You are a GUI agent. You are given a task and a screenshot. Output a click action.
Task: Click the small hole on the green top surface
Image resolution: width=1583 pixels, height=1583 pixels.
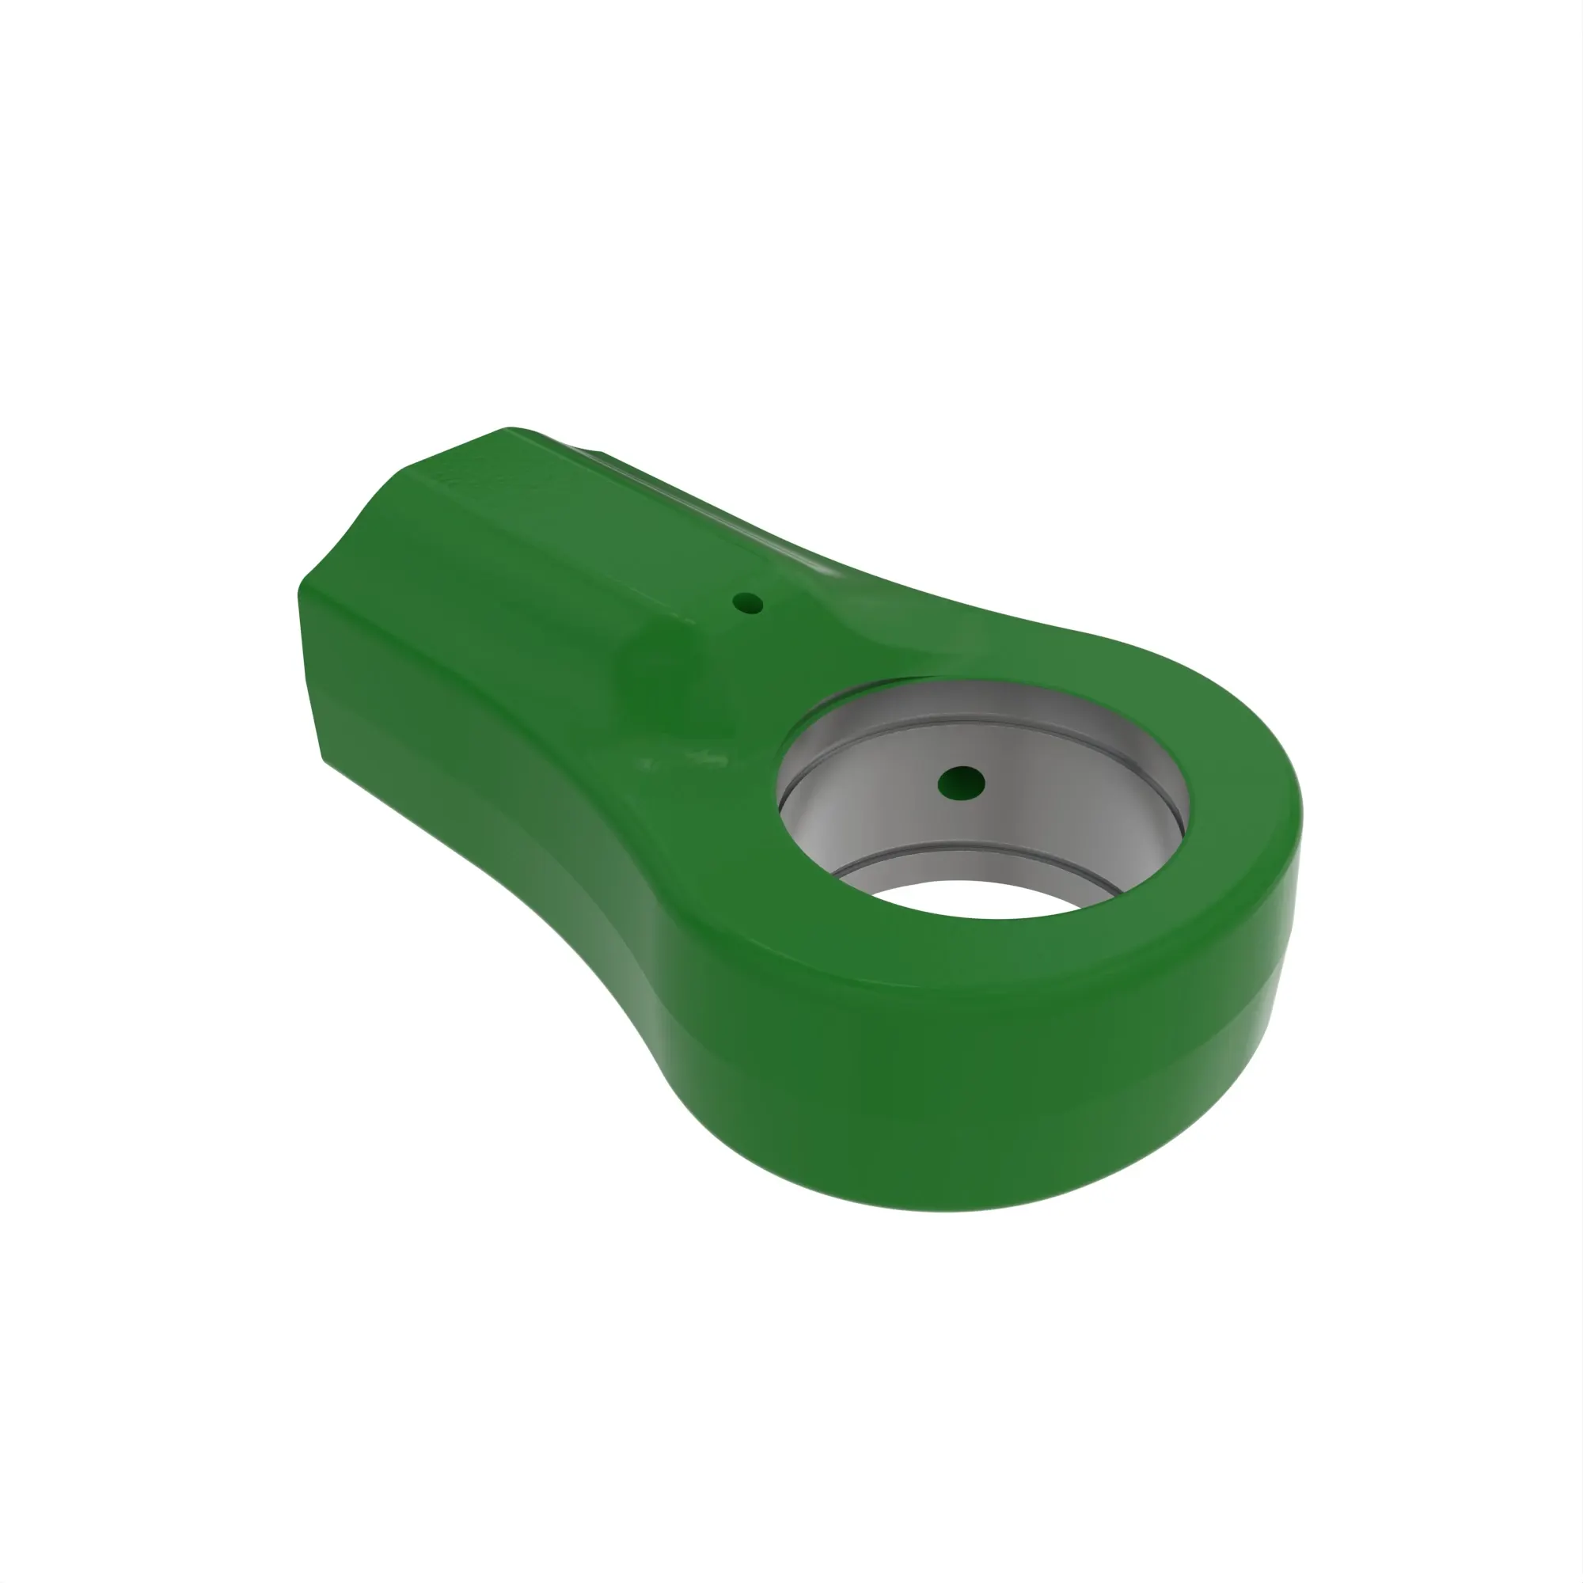click(747, 605)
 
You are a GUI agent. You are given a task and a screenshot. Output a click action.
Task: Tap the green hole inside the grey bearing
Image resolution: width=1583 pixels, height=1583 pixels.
click(961, 783)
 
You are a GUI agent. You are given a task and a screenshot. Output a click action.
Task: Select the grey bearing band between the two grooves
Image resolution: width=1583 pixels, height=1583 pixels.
click(1024, 787)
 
